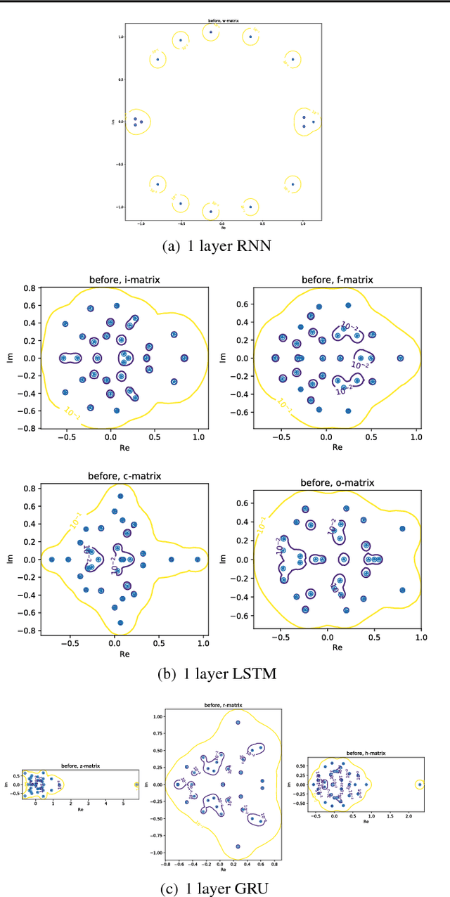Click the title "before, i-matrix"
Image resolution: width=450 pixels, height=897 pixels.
[124, 279]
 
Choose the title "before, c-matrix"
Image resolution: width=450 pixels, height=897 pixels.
[124, 476]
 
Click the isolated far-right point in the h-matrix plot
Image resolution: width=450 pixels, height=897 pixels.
[419, 785]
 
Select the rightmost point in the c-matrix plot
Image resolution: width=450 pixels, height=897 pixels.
[198, 560]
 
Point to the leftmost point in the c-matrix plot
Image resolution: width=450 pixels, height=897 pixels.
[51, 560]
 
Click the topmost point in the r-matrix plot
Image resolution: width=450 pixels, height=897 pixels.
[238, 722]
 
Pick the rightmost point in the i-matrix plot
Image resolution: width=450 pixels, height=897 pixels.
[184, 358]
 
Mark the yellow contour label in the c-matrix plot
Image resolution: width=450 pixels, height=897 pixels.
[77, 520]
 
